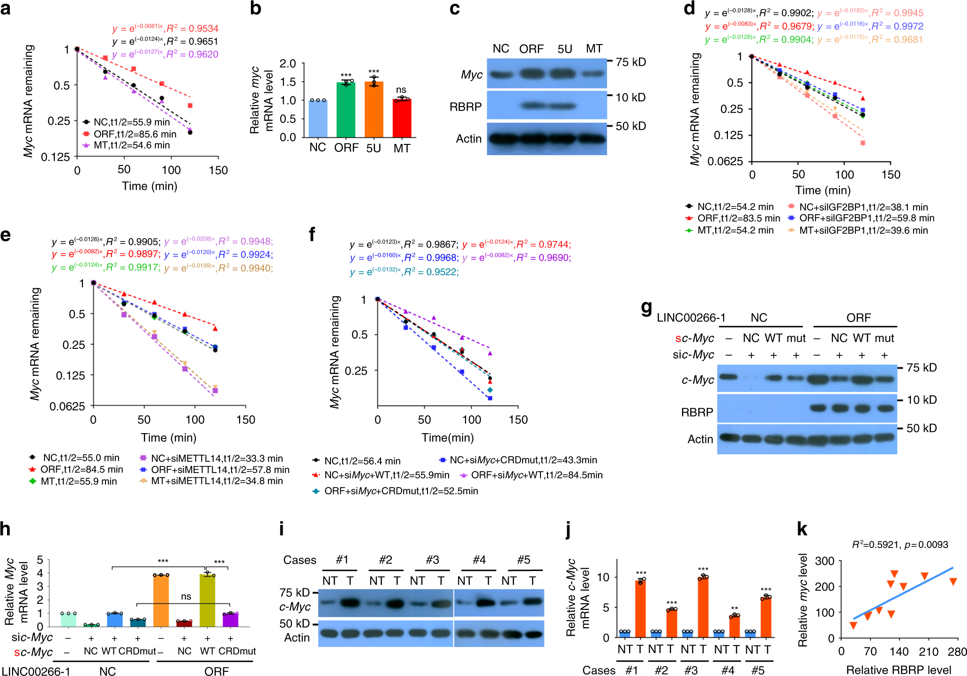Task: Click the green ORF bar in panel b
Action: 346,110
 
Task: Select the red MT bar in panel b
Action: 402,118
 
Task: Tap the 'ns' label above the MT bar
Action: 401,90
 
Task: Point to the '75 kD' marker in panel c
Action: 630,62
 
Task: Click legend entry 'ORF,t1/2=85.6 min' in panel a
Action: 135,134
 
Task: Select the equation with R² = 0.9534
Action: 165,29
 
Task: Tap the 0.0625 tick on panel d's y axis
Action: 725,161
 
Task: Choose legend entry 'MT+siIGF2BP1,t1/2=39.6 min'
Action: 863,230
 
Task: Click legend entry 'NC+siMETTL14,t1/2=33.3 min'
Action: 217,458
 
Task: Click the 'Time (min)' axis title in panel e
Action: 168,437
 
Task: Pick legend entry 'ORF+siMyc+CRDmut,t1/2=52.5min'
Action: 401,491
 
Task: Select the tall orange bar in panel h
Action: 161,601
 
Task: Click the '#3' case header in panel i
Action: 432,560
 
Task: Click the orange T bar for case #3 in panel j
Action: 703,608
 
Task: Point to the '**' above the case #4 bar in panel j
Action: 734,608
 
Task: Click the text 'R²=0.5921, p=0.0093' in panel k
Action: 900,545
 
